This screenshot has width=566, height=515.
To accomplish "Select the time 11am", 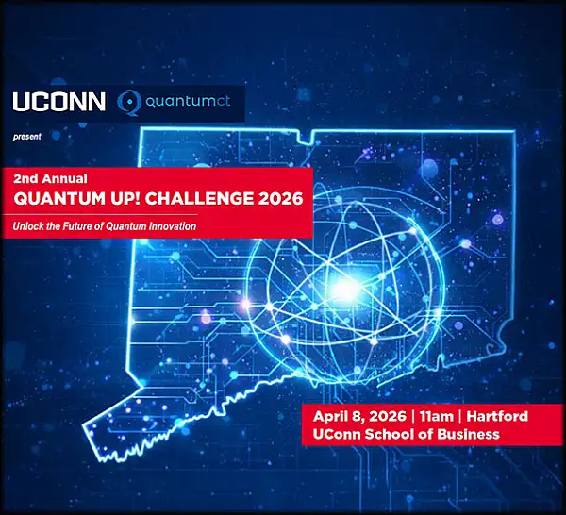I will [x=437, y=416].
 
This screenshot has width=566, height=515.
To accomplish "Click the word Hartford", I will [x=494, y=416].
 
